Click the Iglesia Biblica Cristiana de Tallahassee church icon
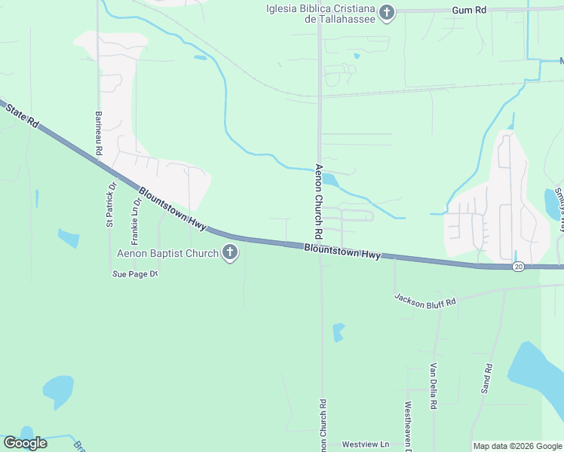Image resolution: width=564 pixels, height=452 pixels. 387,11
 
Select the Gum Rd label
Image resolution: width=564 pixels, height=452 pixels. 469,11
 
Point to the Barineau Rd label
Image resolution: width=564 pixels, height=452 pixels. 98,133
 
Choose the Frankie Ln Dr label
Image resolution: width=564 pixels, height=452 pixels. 136,222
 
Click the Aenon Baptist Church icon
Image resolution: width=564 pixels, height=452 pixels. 230,254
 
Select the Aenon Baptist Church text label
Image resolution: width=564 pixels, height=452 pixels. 167,254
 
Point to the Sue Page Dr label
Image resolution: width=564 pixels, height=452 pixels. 134,274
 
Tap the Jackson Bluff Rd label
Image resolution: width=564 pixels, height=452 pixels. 425,299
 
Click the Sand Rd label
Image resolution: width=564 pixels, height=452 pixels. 487,379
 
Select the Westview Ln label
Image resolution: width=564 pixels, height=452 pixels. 365,445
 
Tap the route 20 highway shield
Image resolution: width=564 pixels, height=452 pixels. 517,267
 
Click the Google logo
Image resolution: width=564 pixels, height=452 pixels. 25,443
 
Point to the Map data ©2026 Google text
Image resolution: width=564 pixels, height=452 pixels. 516,446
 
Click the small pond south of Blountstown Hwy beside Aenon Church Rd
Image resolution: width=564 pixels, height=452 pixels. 339,331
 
